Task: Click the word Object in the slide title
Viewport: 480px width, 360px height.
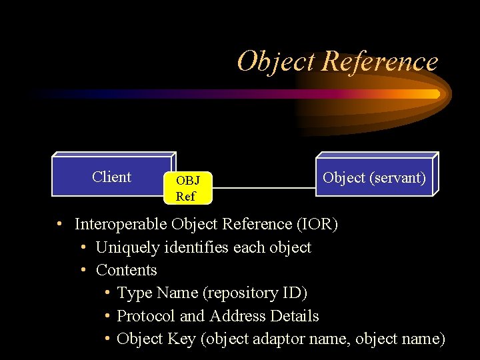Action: point(275,62)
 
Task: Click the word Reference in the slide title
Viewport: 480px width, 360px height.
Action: point(379,62)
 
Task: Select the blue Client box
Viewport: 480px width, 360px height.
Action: point(112,177)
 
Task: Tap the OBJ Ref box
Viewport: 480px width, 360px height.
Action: point(187,188)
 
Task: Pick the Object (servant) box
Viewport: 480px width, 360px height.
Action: point(374,177)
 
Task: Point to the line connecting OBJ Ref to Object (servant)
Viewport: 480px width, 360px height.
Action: point(263,188)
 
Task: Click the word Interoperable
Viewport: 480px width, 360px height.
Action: point(121,224)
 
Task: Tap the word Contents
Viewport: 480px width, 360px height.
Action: point(127,270)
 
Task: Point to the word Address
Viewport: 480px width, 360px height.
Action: point(237,315)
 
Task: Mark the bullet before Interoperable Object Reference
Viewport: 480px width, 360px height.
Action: point(60,223)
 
